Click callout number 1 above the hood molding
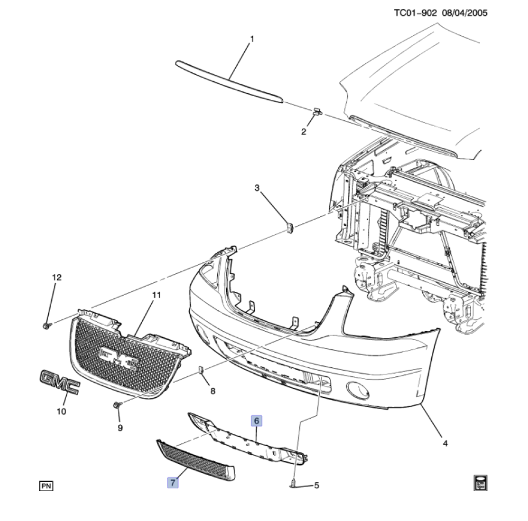point(252,40)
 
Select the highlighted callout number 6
point(256,420)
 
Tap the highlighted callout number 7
point(173,482)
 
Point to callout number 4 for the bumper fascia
point(445,443)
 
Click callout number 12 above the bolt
point(57,277)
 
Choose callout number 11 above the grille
point(156,295)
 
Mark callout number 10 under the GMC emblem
point(61,411)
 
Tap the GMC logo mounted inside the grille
point(119,359)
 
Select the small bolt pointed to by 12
point(47,326)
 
